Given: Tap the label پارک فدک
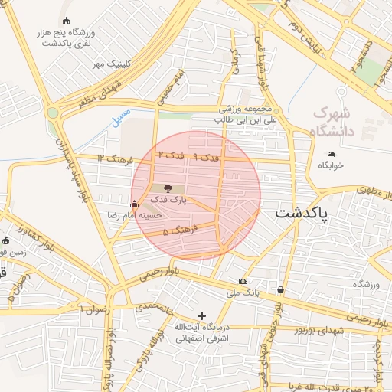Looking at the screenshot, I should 168,200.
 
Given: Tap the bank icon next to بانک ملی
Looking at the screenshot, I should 243,281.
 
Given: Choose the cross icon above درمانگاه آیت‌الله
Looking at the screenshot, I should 201,315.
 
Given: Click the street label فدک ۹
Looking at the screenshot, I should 206,157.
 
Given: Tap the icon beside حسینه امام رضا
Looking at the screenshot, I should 135,204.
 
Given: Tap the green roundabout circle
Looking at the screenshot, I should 52,113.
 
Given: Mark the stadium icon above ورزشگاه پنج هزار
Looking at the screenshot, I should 66,21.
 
